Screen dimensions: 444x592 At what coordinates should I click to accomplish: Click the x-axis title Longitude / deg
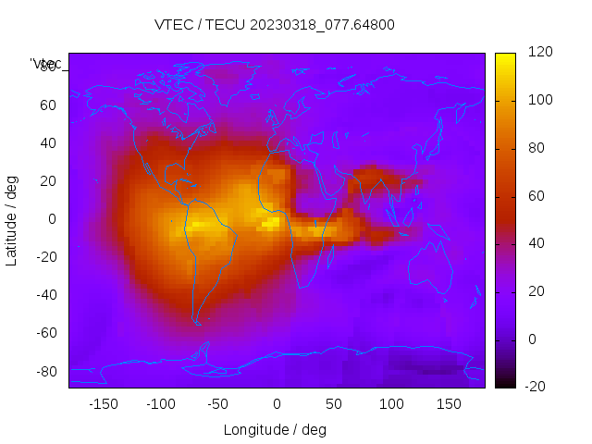275,429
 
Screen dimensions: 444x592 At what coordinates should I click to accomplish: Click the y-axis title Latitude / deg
12,220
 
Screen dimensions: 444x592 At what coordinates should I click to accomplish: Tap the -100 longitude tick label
160,404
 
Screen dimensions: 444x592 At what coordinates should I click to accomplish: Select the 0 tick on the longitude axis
277,404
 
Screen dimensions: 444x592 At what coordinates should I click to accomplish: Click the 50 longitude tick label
334,404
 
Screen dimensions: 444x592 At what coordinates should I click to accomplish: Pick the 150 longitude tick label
449,404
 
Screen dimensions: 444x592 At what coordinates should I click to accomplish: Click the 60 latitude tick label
48,105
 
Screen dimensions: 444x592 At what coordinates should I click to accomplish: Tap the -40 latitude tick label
45,295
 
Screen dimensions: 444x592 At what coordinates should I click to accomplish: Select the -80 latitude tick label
45,371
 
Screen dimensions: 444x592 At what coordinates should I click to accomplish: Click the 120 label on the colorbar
540,53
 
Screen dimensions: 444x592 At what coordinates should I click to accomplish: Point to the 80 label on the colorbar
536,148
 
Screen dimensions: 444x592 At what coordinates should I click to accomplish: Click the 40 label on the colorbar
536,243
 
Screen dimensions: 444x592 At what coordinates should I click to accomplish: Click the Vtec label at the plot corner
46,63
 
